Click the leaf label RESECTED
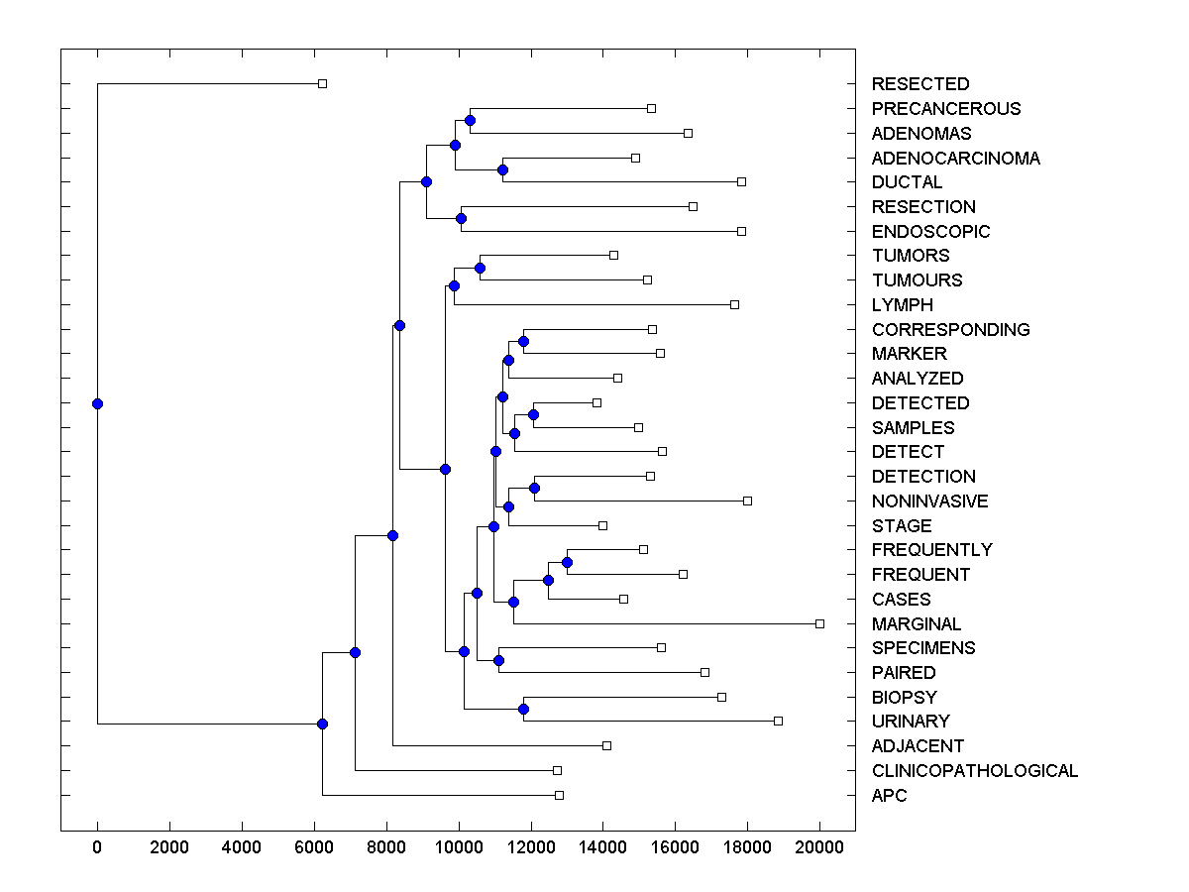920,84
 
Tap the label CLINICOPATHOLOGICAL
975,771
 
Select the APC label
889,796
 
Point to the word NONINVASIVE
929,502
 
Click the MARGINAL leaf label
917,624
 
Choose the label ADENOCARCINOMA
956,159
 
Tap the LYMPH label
903,305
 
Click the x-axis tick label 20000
819,847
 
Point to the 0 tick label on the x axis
97,847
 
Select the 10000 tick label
459,847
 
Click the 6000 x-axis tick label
314,847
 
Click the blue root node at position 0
97,403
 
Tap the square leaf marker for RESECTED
322,84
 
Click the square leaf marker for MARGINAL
819,623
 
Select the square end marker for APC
559,795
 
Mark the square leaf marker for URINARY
778,721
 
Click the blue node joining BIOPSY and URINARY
523,709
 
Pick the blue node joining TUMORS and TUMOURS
480,268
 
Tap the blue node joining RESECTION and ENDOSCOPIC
461,218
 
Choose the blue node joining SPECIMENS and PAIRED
498,660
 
